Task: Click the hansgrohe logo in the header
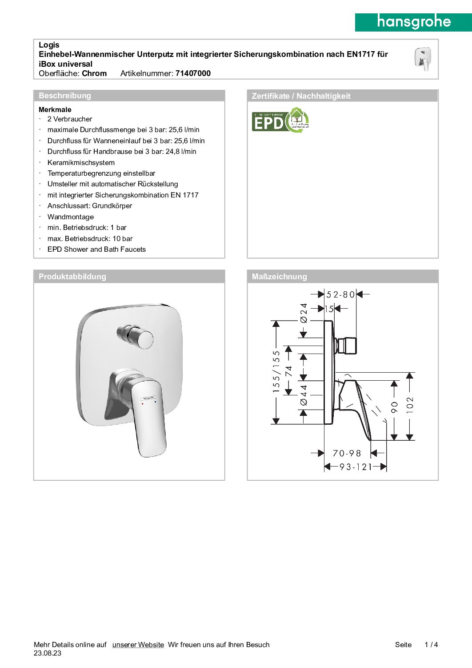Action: pos(413,22)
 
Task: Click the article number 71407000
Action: pos(193,73)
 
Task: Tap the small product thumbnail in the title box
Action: pos(422,59)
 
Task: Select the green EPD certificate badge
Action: pos(280,121)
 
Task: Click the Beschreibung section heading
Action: pos(65,96)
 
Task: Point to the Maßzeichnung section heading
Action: pos(279,277)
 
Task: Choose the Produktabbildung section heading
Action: pos(72,277)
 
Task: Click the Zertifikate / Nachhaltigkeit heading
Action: pos(301,96)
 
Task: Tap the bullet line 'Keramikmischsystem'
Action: pos(81,163)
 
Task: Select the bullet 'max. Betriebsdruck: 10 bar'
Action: pos(90,239)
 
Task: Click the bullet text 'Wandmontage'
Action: pos(71,217)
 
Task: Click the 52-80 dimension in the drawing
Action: pos(340,294)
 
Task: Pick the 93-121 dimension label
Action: pos(356,467)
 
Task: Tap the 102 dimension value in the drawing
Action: pos(410,405)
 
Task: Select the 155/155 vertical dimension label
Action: pos(276,372)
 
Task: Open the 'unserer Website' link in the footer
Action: pos(138,645)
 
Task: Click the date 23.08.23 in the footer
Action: pos(48,653)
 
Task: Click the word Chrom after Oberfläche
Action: pos(94,73)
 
